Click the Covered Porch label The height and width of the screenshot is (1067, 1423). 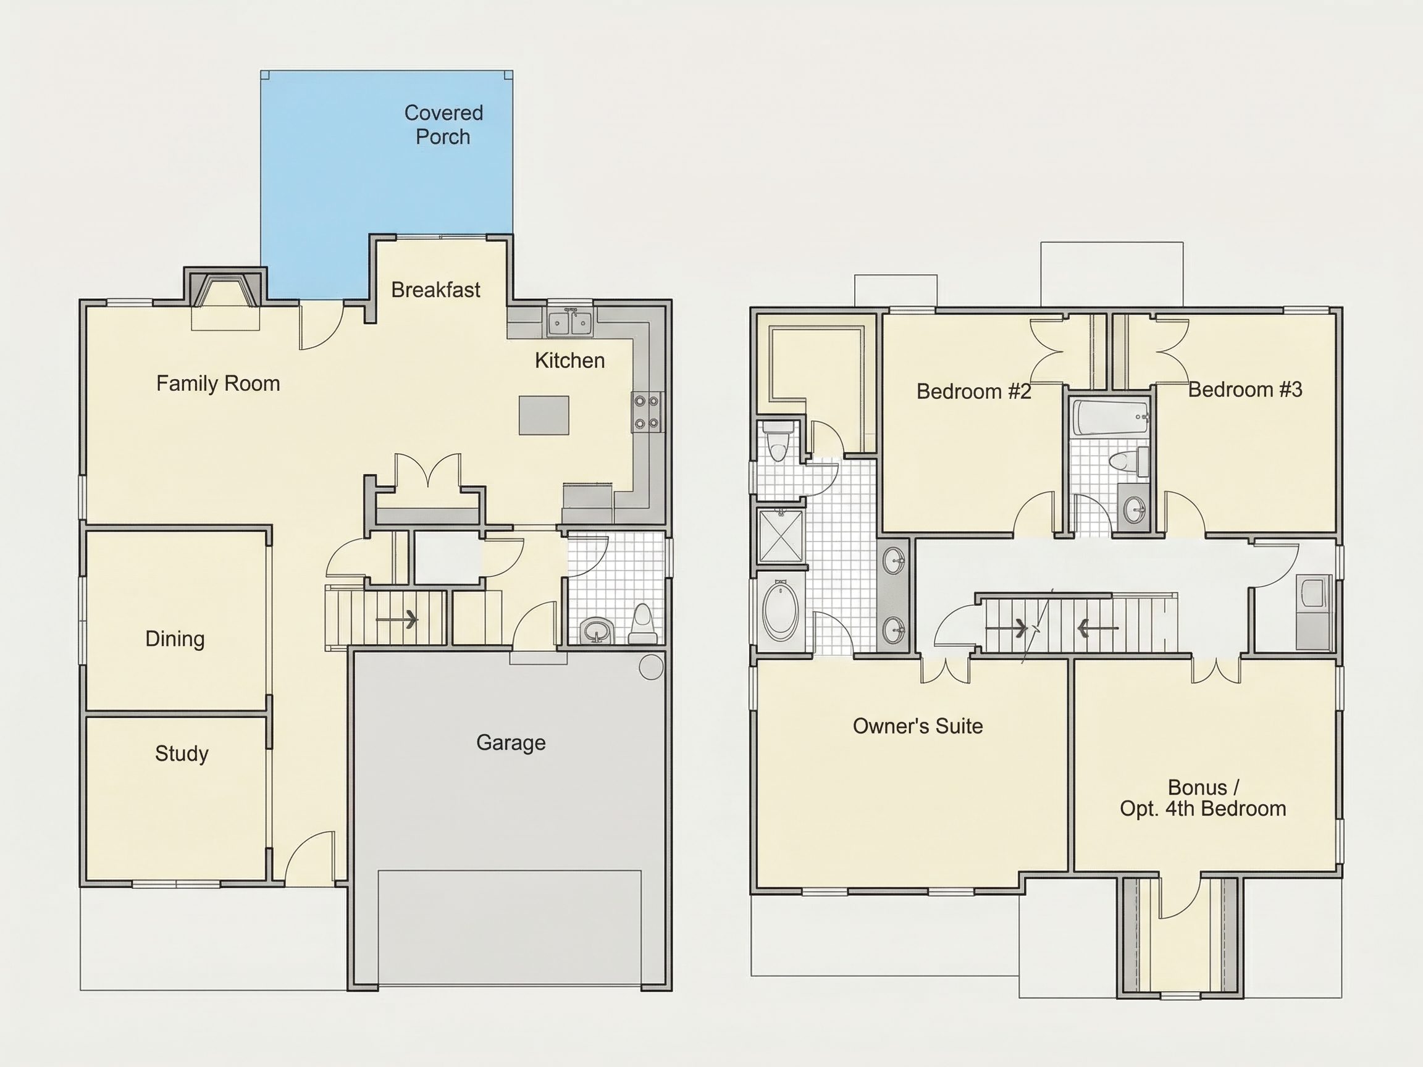pyautogui.click(x=443, y=125)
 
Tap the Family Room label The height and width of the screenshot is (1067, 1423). pyautogui.click(x=218, y=384)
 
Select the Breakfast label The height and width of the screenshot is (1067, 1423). pyautogui.click(x=435, y=290)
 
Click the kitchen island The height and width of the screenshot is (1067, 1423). pyautogui.click(x=544, y=415)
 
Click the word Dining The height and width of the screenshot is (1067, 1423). pyautogui.click(x=175, y=638)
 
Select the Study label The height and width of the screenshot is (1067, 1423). pyautogui.click(x=182, y=753)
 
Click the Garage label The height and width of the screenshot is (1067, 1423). pyautogui.click(x=511, y=743)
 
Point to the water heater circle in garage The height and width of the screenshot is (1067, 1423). pyautogui.click(x=651, y=667)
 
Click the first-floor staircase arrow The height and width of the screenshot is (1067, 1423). pyautogui.click(x=397, y=620)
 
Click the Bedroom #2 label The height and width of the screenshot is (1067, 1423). pyautogui.click(x=974, y=391)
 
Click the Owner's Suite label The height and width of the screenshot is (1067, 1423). pyautogui.click(x=918, y=726)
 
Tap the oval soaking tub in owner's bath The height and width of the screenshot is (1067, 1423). pyautogui.click(x=780, y=611)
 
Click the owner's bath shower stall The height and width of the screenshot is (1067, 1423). pyautogui.click(x=781, y=539)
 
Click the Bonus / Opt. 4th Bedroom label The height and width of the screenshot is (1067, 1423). pyautogui.click(x=1203, y=798)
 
